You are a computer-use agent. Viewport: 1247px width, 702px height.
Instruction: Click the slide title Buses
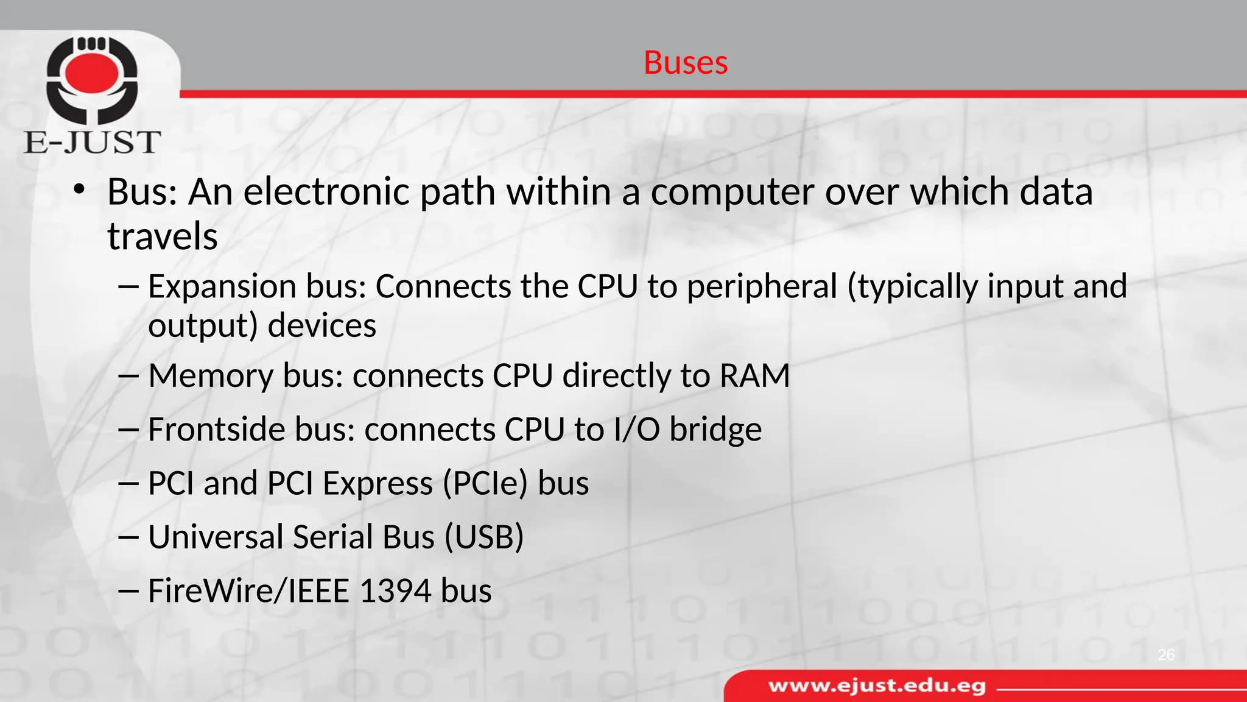[x=686, y=63]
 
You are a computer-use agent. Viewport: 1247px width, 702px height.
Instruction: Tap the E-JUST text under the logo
[x=93, y=143]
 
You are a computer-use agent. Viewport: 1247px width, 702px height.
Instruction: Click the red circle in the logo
[x=92, y=74]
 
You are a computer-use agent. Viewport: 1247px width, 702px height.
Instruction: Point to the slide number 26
[x=1166, y=655]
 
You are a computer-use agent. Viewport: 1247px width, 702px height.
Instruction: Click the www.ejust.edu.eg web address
[x=877, y=686]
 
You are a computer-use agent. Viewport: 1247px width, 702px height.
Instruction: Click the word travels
[x=163, y=236]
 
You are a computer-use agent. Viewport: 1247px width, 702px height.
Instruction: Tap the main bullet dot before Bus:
[x=78, y=190]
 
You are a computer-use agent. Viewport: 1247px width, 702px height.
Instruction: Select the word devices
[x=322, y=325]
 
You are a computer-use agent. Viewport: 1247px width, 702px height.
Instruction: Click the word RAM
[x=754, y=375]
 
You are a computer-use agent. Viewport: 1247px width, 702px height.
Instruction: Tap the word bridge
[x=715, y=430]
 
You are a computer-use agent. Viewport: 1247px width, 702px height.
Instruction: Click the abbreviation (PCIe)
[x=485, y=484]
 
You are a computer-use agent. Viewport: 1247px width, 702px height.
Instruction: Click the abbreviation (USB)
[x=484, y=537]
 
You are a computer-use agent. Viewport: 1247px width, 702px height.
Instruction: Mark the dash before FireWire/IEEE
[x=129, y=591]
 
